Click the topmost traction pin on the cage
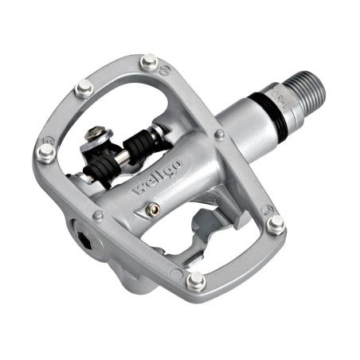pos(149,61)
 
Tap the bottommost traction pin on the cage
pos(194,281)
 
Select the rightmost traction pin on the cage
pos(276,225)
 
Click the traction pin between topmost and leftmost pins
pos(84,88)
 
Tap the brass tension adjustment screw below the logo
pos(155,209)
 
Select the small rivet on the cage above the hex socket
pos(98,215)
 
